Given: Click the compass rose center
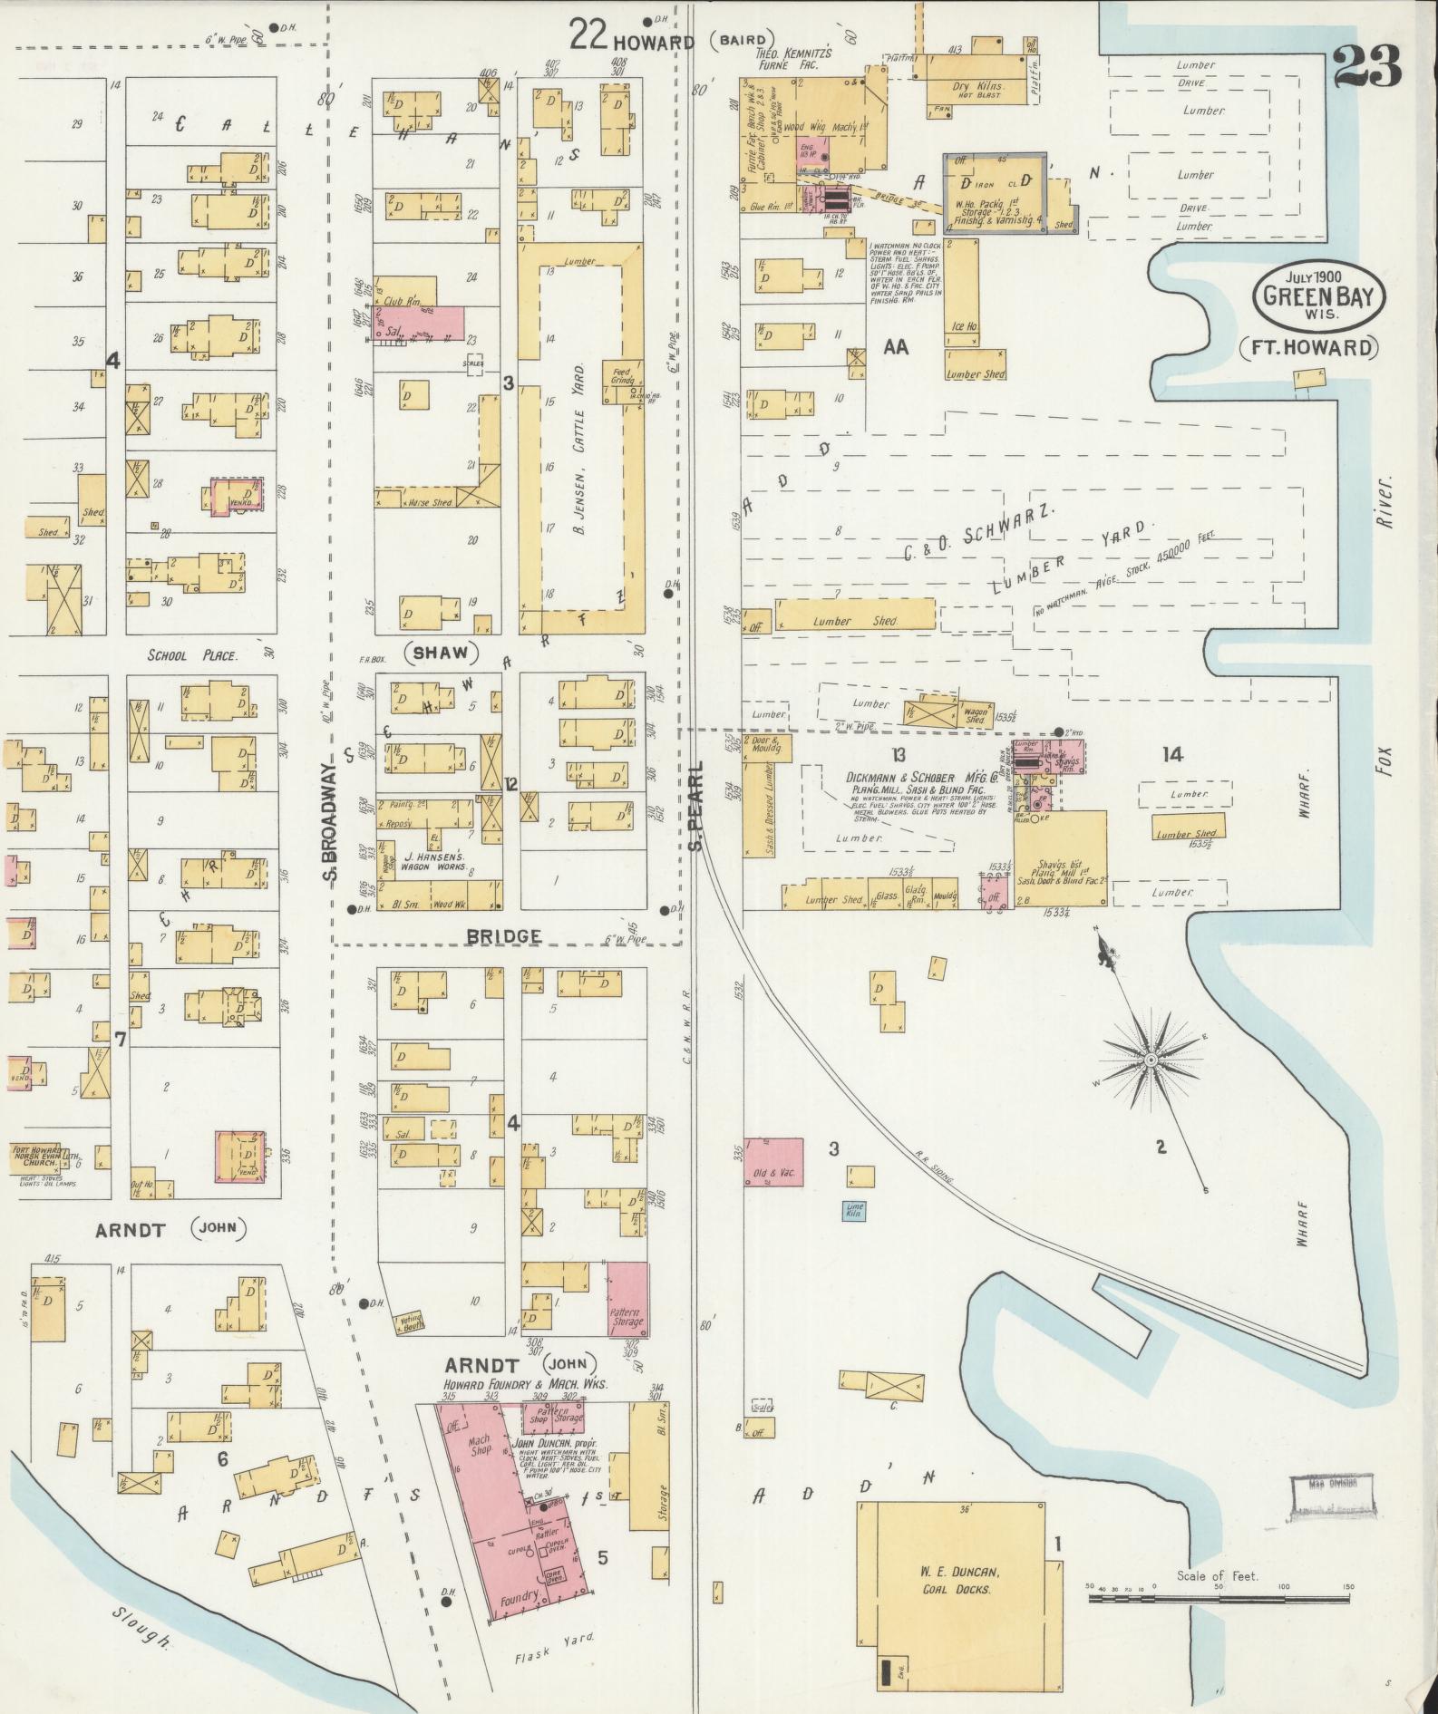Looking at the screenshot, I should tap(1150, 1060).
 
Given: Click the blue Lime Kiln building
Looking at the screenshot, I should tap(854, 1210).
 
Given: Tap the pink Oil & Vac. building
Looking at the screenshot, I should tap(773, 1172).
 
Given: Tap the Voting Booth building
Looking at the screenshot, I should tap(413, 1323).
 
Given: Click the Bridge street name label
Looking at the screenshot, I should tap(505, 934).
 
